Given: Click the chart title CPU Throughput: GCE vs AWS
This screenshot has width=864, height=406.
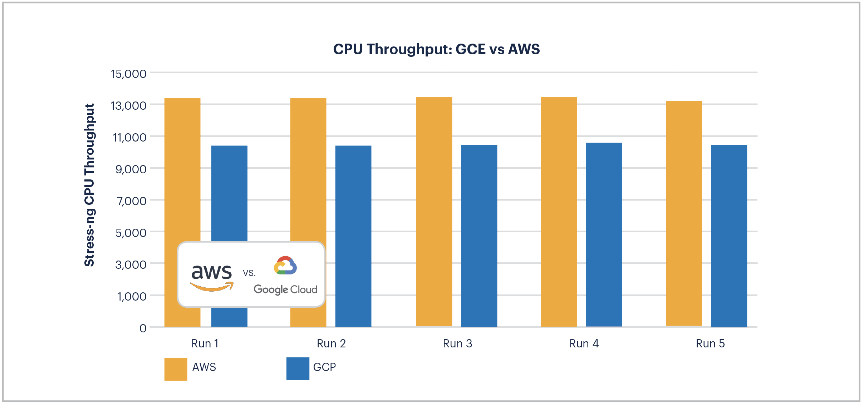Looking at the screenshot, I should click(x=436, y=49).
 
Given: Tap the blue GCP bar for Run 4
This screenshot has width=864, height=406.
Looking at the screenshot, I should click(x=604, y=234).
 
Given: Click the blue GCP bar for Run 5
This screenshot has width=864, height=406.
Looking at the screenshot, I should click(x=729, y=236).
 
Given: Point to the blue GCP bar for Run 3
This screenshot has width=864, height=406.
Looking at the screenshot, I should click(x=479, y=236).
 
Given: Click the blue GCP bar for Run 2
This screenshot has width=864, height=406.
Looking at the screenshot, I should click(x=353, y=236).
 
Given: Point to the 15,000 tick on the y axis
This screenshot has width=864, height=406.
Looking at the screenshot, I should click(x=128, y=74).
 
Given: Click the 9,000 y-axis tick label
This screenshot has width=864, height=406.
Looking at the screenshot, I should click(x=131, y=169).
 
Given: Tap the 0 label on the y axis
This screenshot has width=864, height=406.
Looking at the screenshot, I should click(x=143, y=328).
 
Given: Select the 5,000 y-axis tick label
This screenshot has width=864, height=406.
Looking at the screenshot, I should click(x=131, y=233).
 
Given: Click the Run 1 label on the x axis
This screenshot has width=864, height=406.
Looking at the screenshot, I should click(x=205, y=343).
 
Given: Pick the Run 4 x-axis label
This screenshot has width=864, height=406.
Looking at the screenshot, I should click(x=584, y=343).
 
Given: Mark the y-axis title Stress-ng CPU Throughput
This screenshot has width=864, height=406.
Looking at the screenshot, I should click(x=89, y=185).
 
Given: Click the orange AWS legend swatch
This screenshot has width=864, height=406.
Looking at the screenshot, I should click(x=176, y=369).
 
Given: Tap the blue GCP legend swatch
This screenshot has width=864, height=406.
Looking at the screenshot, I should click(x=298, y=368).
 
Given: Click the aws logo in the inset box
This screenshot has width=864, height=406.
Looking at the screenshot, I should click(x=212, y=277).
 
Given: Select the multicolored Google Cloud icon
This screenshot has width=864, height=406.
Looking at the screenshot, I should click(x=285, y=266).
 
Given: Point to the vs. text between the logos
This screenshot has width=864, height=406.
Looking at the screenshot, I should click(x=249, y=273).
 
